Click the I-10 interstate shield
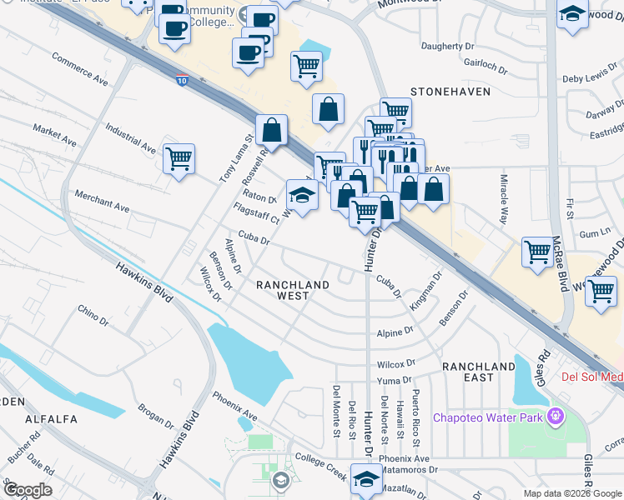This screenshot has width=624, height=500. pos(183,81)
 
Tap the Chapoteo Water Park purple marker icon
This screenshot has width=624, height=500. pos(554,417)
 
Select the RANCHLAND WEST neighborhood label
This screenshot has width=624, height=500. pos(292,290)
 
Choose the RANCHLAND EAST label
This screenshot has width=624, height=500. pos(479,372)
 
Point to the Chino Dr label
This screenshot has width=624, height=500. pos(93,314)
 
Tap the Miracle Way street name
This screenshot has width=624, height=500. pos(504,200)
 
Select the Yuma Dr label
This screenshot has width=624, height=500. pos(395,380)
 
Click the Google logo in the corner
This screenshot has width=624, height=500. pos(27,490)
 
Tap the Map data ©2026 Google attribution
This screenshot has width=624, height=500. pos(572,493)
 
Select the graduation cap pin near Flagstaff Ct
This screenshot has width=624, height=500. pos(302,196)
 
